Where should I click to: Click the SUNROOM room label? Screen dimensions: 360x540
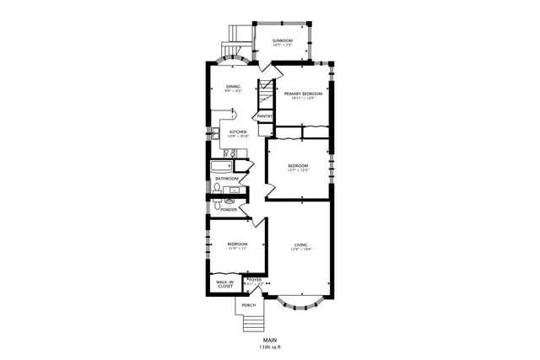(282, 40)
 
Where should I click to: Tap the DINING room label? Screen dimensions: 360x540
(234, 87)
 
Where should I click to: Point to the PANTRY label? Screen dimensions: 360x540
(264, 116)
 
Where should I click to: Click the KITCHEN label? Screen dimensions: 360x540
(238, 132)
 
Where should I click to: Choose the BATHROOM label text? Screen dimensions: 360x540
(226, 179)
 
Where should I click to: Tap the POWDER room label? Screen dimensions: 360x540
(229, 208)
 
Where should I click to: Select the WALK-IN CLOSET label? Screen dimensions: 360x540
(224, 284)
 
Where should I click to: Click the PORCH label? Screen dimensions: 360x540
(249, 304)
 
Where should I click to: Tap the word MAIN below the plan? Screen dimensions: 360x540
(270, 340)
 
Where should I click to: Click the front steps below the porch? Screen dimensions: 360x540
(251, 324)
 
